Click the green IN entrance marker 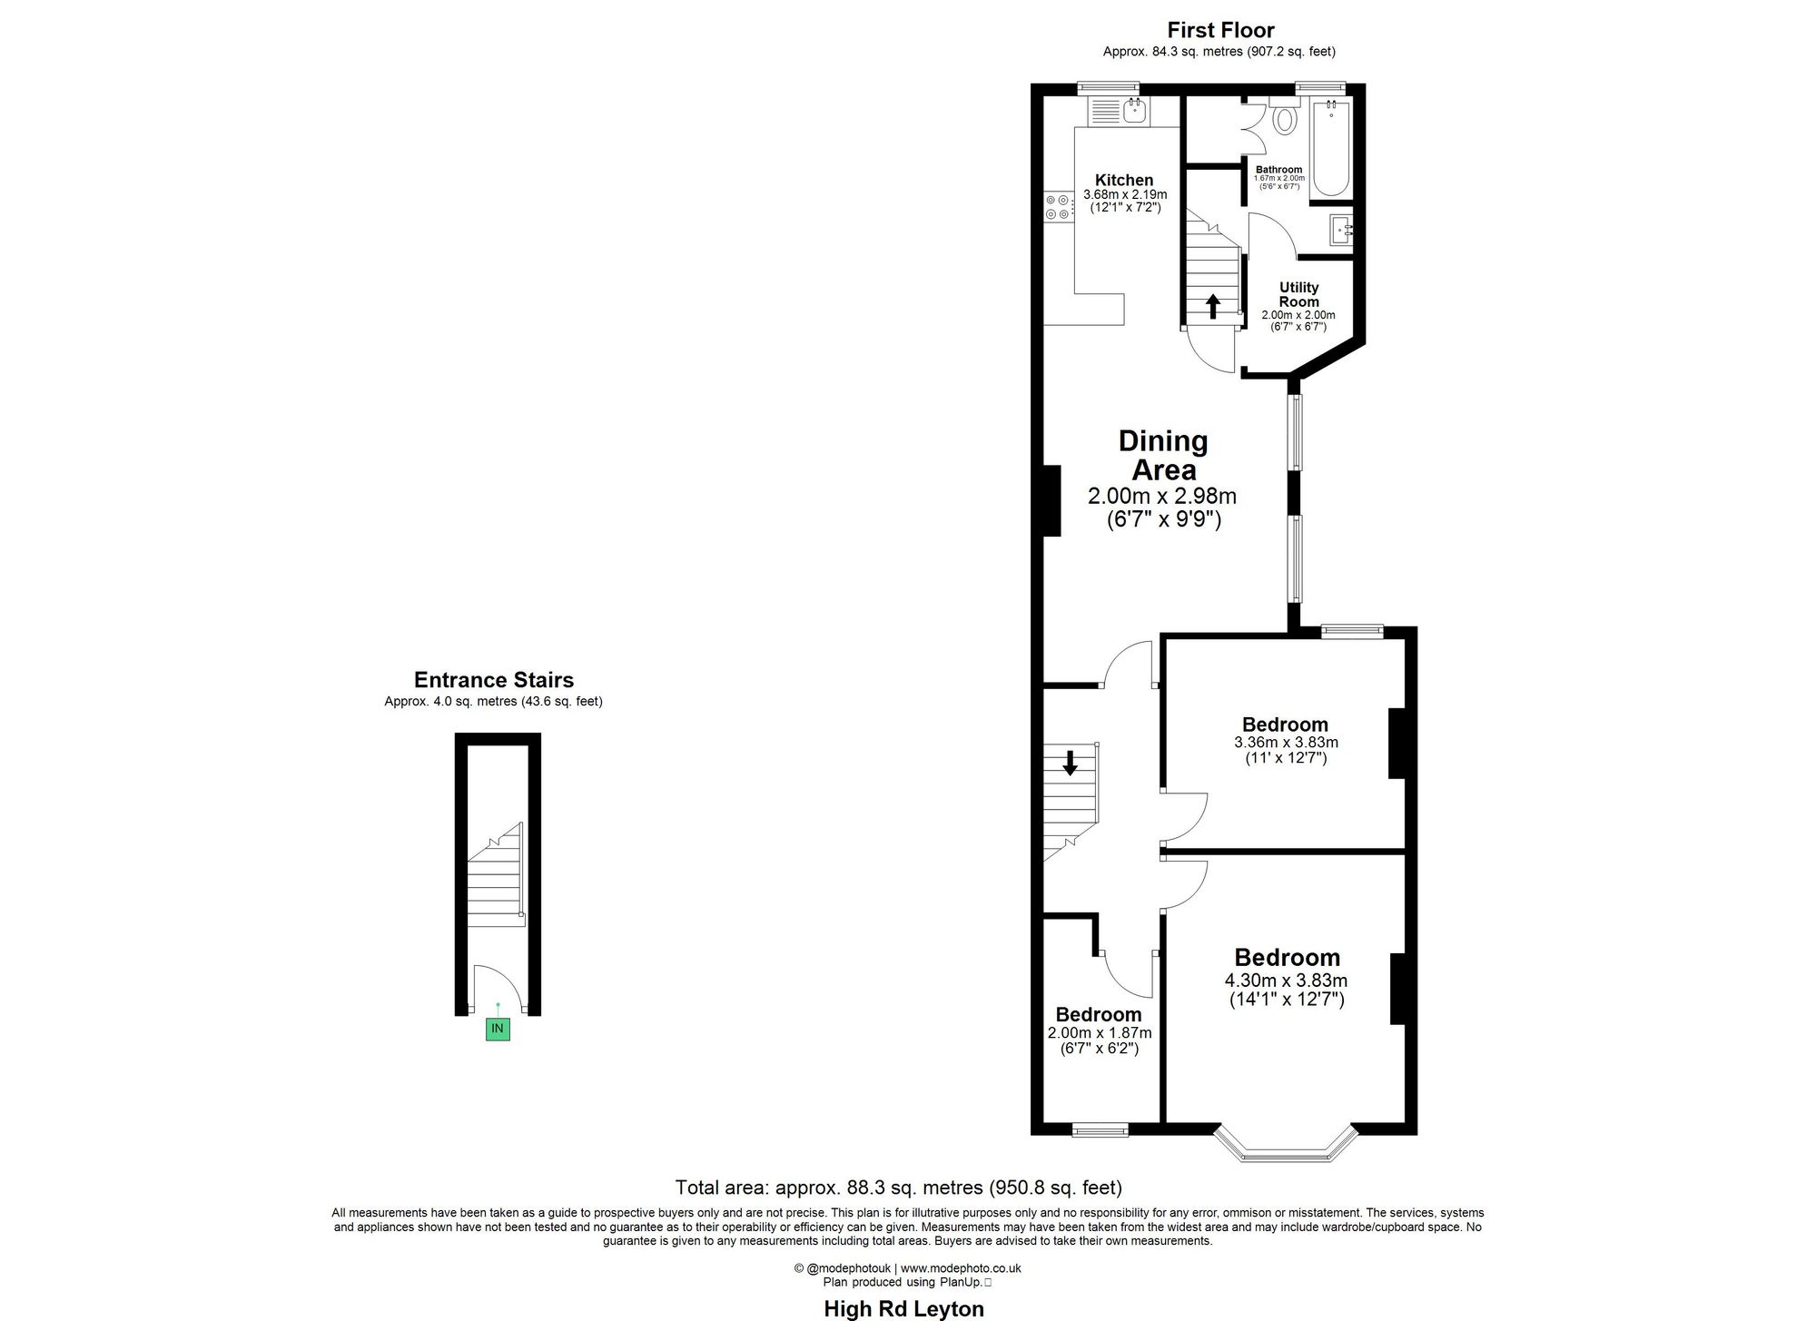pos(498,1029)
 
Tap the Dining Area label pos(1163,456)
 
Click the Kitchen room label pos(1124,180)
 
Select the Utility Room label pos(1298,294)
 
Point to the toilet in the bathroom pos(1285,119)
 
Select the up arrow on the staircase pos(1212,305)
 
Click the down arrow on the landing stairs pos(1070,763)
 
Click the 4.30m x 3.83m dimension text pos(1286,981)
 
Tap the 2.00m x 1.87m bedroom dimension pos(1100,1032)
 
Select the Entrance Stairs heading pos(493,680)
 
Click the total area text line pos(898,1188)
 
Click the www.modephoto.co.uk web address pos(961,1268)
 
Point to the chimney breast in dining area pos(1052,500)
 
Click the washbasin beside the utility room pos(1341,231)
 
